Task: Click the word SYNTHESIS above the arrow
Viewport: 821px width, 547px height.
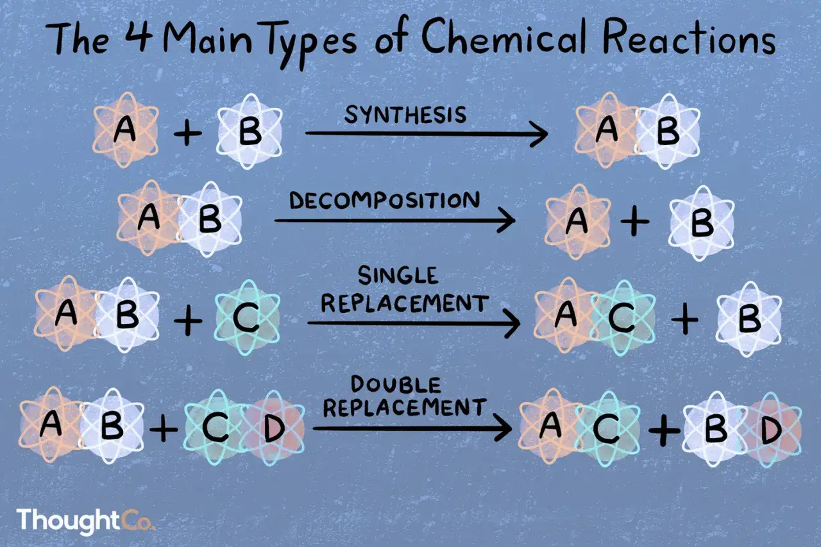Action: (x=405, y=115)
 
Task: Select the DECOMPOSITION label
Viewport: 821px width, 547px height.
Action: (x=384, y=201)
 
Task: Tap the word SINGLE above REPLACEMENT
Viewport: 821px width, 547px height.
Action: (x=398, y=276)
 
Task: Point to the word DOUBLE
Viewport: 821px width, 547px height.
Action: (x=396, y=385)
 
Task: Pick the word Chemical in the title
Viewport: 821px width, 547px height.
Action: (x=505, y=37)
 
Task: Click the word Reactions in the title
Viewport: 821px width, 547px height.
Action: (x=689, y=38)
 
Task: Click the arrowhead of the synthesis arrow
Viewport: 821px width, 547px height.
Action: (x=539, y=133)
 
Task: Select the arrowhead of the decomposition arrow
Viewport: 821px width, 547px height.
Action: (x=507, y=220)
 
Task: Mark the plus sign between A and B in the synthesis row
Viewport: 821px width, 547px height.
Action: (x=188, y=133)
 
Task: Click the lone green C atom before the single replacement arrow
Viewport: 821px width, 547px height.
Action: (x=248, y=317)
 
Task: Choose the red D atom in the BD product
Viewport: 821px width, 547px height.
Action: (x=772, y=430)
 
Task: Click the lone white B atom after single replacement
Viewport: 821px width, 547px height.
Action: (x=749, y=319)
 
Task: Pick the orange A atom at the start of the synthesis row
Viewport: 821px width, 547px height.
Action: (x=126, y=130)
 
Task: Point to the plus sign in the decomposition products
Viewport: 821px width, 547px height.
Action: (x=635, y=222)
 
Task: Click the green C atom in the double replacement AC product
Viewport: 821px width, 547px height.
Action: (x=607, y=428)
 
